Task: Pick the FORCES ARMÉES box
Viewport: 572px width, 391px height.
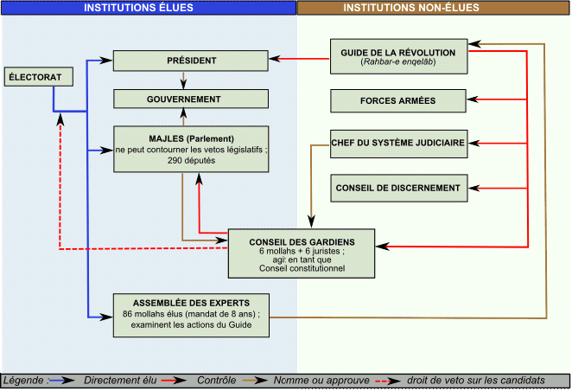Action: [x=397, y=101]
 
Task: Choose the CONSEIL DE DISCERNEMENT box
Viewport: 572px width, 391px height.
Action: [x=397, y=186]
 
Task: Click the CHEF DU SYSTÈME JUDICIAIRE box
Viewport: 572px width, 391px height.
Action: [x=397, y=143]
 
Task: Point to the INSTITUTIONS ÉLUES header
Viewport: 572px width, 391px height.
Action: [x=149, y=8]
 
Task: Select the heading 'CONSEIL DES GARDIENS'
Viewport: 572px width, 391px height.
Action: [x=301, y=241]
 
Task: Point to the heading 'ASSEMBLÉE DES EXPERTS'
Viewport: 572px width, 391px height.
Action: [x=191, y=302]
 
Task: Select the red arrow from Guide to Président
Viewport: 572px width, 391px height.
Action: [x=298, y=60]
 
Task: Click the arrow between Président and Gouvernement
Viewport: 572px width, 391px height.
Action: [x=182, y=80]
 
